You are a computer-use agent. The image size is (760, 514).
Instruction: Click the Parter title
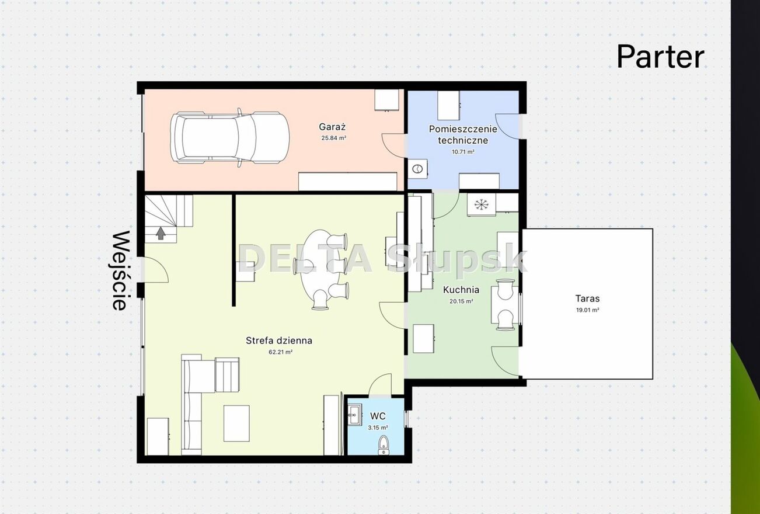pyautogui.click(x=660, y=57)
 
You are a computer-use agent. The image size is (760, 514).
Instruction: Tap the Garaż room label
pyautogui.click(x=332, y=127)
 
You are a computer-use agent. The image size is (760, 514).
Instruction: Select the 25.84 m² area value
pyautogui.click(x=334, y=138)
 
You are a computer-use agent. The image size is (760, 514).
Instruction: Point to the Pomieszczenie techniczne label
pyautogui.click(x=463, y=134)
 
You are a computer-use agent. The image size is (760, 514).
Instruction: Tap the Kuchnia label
pyautogui.click(x=461, y=290)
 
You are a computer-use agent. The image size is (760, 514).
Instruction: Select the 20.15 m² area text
pyautogui.click(x=461, y=301)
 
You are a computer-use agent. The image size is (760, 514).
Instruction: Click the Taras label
pyautogui.click(x=587, y=298)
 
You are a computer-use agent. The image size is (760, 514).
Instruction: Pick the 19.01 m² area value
pyautogui.click(x=587, y=310)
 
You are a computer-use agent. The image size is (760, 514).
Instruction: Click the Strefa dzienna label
pyautogui.click(x=279, y=341)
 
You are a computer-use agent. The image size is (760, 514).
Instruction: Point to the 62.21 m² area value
pyautogui.click(x=281, y=352)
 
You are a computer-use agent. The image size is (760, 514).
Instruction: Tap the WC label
pyautogui.click(x=378, y=416)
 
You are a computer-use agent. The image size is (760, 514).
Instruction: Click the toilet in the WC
pyautogui.click(x=384, y=445)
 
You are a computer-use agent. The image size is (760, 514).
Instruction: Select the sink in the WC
pyautogui.click(x=354, y=414)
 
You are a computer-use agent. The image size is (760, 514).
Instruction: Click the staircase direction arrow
pyautogui.click(x=161, y=233)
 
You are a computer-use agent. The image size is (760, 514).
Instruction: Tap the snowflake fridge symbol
pyautogui.click(x=481, y=204)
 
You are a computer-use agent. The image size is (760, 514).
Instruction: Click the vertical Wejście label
pyautogui.click(x=121, y=270)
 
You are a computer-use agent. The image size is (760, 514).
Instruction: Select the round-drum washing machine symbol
pyautogui.click(x=417, y=168)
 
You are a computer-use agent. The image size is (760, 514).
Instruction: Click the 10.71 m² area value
pyautogui.click(x=463, y=152)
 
